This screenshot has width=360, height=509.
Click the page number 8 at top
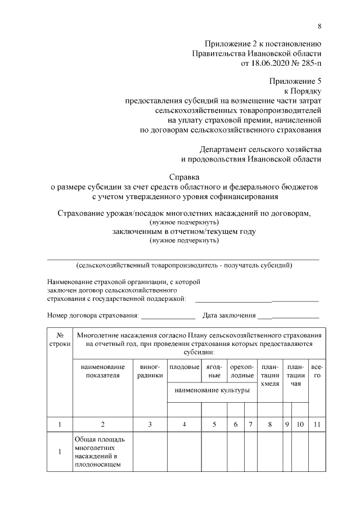[x=319, y=26]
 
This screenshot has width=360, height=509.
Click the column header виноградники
[x=150, y=371]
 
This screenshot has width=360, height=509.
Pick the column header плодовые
[x=184, y=366]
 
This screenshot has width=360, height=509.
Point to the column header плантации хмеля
[x=271, y=375]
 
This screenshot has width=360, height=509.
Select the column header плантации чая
[x=296, y=375]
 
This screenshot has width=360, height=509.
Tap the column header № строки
[x=59, y=338]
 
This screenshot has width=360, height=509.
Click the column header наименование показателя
[x=102, y=371]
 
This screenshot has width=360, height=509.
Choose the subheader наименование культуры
[x=211, y=390]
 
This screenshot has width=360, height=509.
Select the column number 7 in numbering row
[x=250, y=425]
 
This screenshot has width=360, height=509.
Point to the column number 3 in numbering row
[x=150, y=425]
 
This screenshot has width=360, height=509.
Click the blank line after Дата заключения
[x=296, y=318]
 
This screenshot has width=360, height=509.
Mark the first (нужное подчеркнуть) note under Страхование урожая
[x=184, y=223]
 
